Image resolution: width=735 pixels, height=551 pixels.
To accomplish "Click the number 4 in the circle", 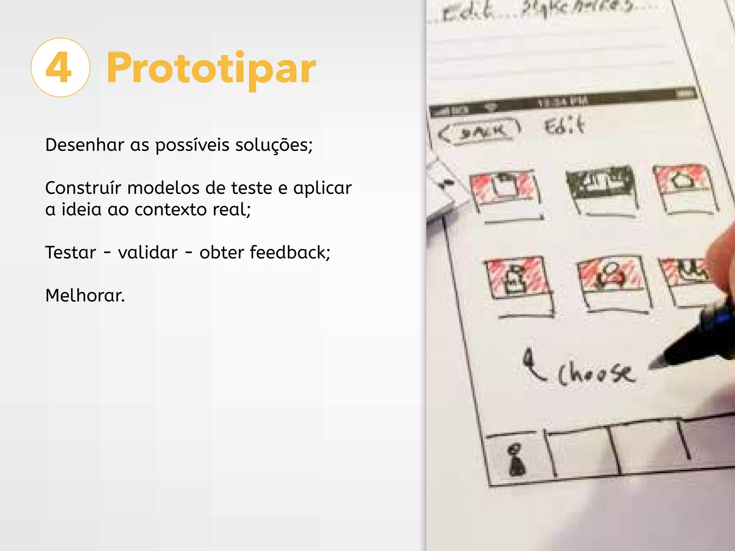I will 60,68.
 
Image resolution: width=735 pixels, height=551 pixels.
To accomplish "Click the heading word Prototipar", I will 211,68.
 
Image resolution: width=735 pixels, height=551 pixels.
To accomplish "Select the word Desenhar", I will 85,145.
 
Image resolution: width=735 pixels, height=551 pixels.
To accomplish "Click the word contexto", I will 170,209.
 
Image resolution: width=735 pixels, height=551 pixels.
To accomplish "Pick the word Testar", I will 71,252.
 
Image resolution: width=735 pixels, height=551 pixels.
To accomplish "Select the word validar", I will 148,252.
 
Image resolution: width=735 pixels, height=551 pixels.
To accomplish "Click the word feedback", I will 290,252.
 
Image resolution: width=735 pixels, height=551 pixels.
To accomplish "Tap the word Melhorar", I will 85,296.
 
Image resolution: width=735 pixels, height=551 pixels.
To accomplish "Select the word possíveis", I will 192,145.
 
